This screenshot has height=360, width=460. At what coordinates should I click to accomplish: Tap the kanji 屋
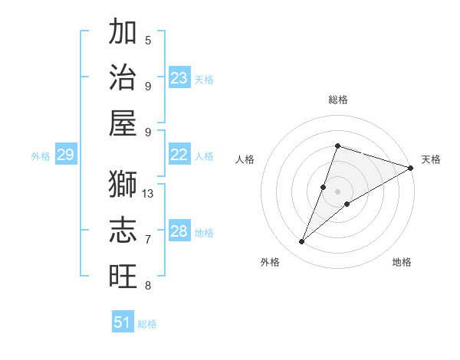click(x=123, y=123)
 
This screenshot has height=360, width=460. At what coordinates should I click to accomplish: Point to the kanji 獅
click(x=123, y=185)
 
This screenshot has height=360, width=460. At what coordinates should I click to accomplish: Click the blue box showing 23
click(x=179, y=78)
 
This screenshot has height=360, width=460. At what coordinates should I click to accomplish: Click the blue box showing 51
click(x=123, y=322)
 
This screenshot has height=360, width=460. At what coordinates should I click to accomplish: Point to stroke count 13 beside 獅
click(x=149, y=194)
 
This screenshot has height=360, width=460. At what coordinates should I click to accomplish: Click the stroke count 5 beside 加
click(x=148, y=40)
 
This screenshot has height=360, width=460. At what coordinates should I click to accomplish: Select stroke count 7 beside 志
click(x=148, y=240)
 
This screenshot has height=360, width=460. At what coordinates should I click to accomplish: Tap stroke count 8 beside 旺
click(x=148, y=286)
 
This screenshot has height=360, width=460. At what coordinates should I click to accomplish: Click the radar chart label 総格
click(x=337, y=100)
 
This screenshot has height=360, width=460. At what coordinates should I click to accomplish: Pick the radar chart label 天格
click(x=431, y=159)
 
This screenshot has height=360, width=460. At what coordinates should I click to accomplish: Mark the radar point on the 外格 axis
click(x=302, y=242)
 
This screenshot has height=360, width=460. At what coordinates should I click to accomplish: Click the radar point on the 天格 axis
click(x=410, y=168)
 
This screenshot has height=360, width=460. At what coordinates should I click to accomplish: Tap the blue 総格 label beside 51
click(x=147, y=324)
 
